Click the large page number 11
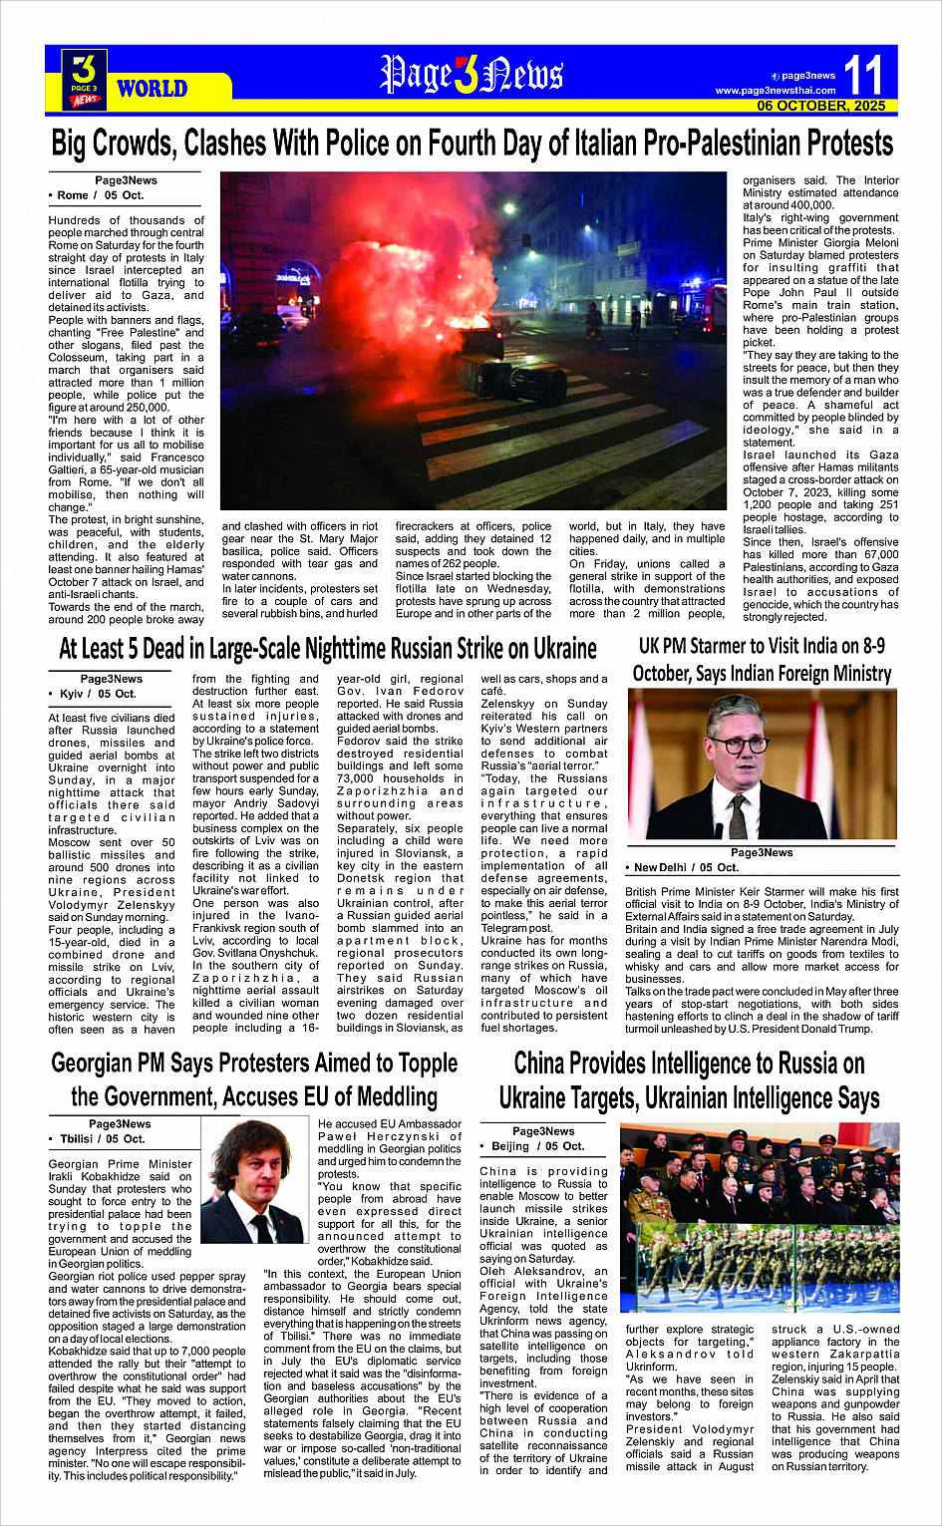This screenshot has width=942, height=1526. [x=863, y=76]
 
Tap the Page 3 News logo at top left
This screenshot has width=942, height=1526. [x=84, y=79]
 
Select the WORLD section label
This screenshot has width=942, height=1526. [x=152, y=89]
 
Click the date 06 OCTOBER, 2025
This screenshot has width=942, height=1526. [x=820, y=106]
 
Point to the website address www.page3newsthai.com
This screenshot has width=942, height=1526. [x=775, y=91]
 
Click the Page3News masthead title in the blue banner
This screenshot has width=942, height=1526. [x=471, y=75]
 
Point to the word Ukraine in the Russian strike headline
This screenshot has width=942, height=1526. [x=553, y=650]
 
